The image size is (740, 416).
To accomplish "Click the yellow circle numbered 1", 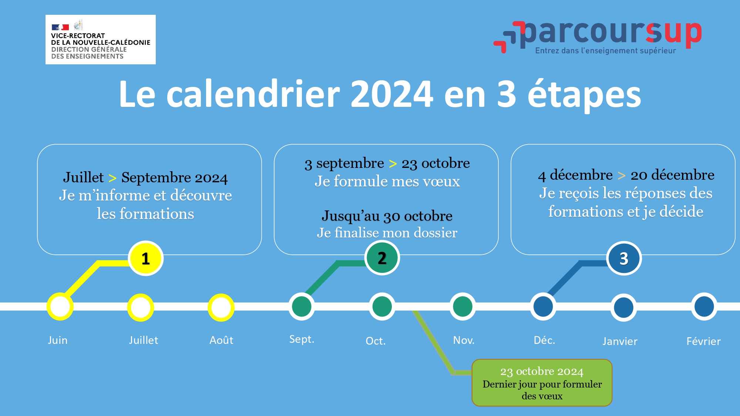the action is [146, 258].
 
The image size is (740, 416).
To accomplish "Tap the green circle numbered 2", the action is [382, 258].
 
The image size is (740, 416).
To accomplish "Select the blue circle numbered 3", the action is [624, 258].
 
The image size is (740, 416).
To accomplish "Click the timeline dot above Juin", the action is [60, 307].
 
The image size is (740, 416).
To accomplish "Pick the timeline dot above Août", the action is [221, 307].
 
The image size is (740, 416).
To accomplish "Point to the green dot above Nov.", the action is [463, 307].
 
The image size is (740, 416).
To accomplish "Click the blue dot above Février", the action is [704, 307].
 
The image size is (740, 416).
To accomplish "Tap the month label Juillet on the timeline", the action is [144, 340].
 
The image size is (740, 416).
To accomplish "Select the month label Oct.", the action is [376, 341].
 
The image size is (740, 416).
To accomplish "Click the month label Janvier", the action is [620, 341].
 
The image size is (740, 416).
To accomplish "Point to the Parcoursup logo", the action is [598, 37].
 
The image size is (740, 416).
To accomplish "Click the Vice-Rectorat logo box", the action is [101, 40].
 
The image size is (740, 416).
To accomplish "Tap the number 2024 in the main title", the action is [392, 94].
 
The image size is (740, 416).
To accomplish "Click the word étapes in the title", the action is [584, 95].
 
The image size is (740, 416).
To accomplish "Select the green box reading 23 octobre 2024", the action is [542, 383].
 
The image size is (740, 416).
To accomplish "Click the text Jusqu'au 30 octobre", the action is [387, 216].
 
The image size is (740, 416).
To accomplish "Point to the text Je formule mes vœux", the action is [387, 181].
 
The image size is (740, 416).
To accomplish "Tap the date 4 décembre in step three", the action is [575, 175].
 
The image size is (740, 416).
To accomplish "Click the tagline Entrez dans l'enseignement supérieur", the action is [605, 51].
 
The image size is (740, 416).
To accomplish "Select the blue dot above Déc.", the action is [543, 307].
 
